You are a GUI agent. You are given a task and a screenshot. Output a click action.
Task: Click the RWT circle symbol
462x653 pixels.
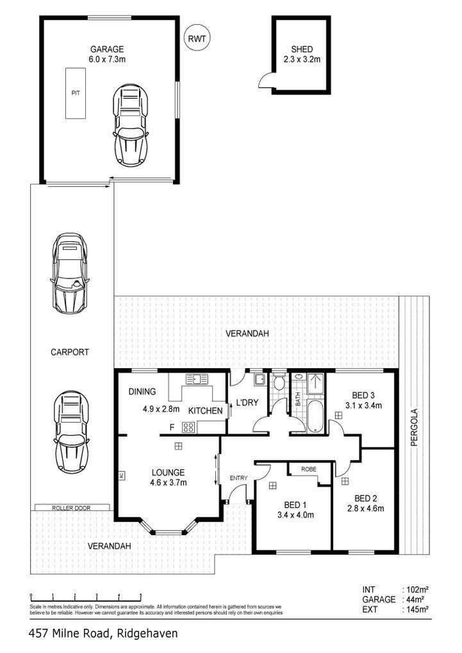pos(197,38)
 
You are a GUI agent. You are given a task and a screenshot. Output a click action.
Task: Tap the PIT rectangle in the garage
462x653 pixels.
pos(76,93)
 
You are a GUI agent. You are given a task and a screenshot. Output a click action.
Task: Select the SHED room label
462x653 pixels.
pos(302,49)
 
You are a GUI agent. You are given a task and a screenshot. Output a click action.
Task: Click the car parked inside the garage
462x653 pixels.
pos(130,125)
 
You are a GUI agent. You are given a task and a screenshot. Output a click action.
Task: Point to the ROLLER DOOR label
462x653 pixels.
pos(71,508)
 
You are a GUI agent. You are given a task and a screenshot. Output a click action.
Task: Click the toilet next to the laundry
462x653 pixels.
pos(279,382)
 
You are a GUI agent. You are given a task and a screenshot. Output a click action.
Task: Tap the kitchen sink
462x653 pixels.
pos(197,380)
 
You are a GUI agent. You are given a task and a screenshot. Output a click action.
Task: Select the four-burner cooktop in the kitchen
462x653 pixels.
pos(188,427)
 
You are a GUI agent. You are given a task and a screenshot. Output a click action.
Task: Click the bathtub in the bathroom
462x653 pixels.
pos(315,416)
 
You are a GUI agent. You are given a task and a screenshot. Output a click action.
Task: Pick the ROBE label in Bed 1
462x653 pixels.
pos(309,469)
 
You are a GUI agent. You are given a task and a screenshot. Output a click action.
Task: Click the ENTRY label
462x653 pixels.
pos(238,478)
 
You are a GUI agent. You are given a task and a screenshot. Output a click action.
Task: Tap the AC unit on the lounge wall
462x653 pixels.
pos(121,476)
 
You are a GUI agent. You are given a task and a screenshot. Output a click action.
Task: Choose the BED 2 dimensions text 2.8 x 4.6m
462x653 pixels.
pos(366,508)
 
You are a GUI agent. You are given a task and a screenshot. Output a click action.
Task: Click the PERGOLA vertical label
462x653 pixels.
pos(414,428)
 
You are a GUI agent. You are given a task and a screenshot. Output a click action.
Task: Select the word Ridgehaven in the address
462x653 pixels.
pos(147,634)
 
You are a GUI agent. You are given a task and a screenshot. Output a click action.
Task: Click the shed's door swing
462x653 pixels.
pos(265,79)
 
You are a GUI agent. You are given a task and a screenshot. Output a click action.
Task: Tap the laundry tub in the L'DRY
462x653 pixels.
pos(260,380)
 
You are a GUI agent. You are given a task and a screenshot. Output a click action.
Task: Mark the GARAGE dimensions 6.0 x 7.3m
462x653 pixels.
pos(107,59)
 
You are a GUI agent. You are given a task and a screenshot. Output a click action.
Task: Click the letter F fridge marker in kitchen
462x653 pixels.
pos(171,427)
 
